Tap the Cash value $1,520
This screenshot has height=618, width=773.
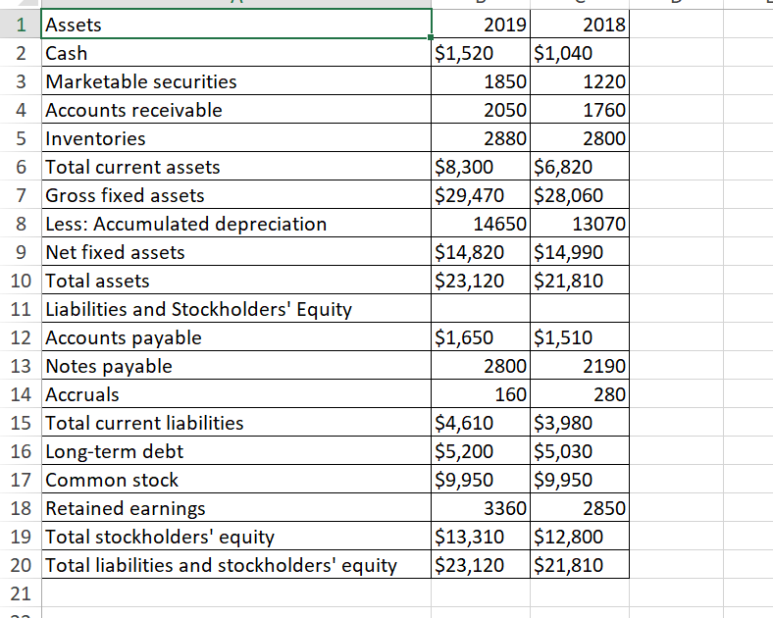pos(464,53)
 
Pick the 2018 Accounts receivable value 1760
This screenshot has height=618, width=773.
pos(604,110)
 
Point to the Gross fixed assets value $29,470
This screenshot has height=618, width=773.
pos(470,195)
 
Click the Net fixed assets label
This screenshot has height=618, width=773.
pos(116,252)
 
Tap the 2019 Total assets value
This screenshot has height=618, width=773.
pos(470,281)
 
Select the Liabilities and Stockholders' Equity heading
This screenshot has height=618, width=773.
pos(199,310)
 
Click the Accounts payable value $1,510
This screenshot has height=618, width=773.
pos(564,338)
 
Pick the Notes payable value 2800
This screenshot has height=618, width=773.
pos(504,367)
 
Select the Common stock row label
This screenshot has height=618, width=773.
pos(113,481)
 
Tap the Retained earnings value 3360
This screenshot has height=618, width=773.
pos(504,509)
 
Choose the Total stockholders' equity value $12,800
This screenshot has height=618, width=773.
pos(570,538)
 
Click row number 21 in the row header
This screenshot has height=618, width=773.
pos(20,594)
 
